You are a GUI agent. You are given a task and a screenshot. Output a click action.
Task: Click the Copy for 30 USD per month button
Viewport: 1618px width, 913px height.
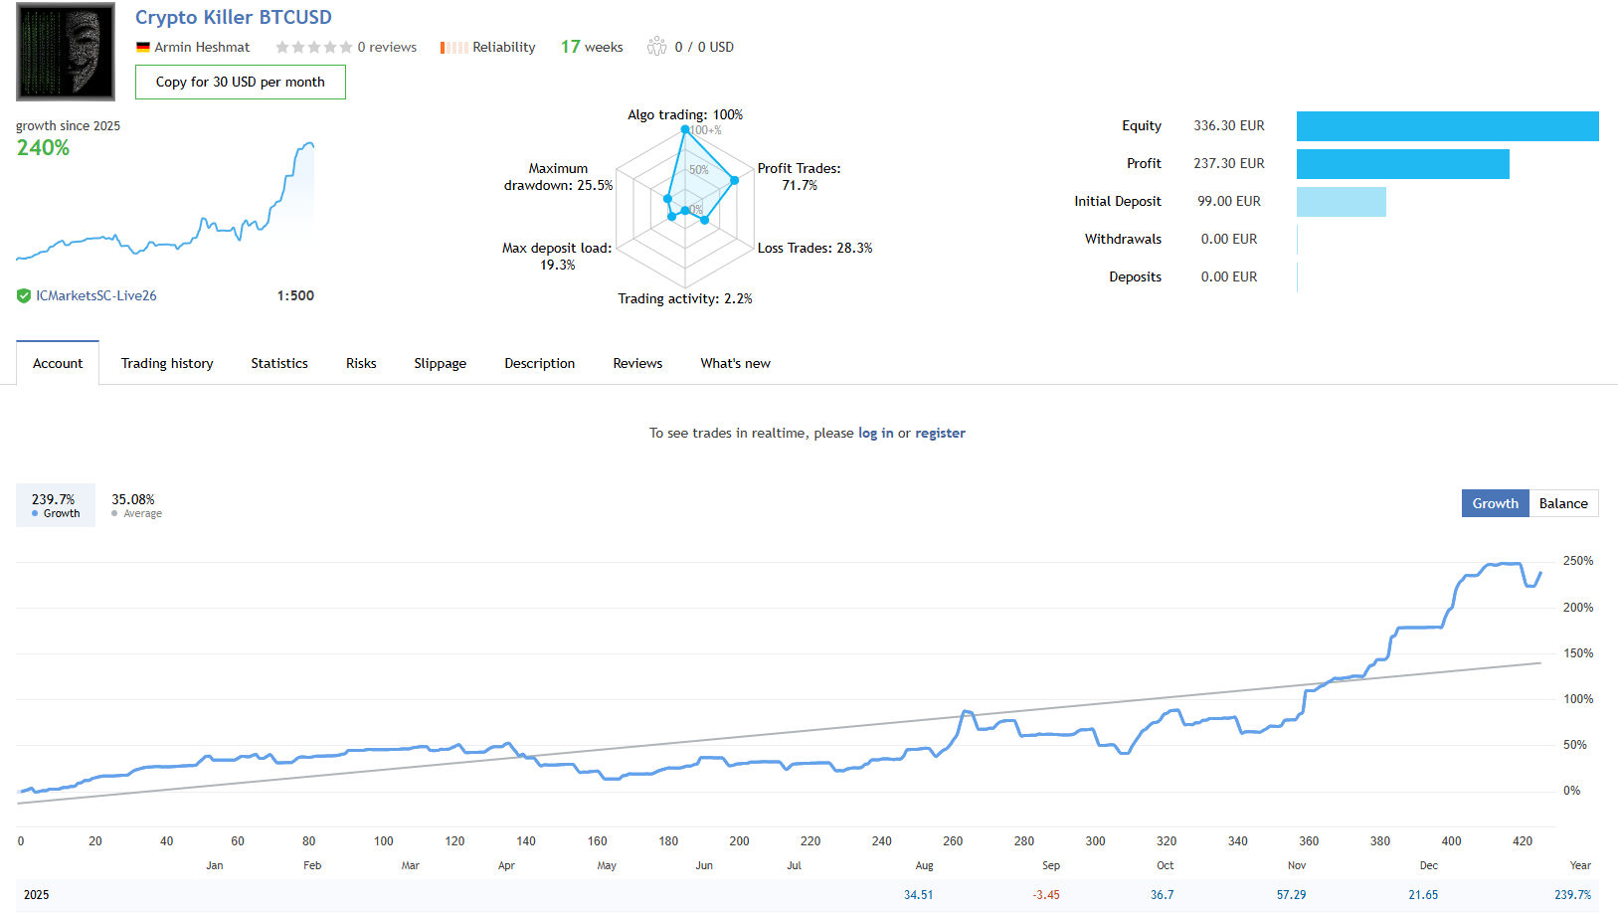[x=240, y=83]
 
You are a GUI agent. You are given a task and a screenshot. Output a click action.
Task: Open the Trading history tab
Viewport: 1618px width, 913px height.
[x=167, y=363]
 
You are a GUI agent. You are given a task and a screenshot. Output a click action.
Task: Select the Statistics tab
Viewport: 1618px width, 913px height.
[x=279, y=363]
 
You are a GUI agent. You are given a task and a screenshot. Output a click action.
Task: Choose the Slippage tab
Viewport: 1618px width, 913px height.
[x=440, y=363]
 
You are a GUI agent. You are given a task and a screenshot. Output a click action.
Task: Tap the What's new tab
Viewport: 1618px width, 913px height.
[x=735, y=363]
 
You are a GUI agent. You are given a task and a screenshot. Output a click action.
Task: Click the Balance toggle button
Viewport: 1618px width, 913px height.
[x=1562, y=503]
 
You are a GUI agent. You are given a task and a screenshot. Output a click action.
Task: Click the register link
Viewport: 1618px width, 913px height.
[x=940, y=433]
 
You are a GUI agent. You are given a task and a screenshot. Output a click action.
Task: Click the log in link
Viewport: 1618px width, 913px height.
[x=875, y=433]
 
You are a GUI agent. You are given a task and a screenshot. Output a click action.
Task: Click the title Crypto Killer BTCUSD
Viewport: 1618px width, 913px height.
[x=234, y=17]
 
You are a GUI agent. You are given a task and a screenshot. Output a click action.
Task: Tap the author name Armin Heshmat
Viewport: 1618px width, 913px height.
[x=202, y=47]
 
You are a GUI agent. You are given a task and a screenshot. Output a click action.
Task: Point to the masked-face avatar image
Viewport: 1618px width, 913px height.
[x=66, y=52]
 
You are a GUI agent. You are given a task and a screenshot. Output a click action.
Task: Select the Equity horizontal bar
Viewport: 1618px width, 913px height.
[x=1447, y=126]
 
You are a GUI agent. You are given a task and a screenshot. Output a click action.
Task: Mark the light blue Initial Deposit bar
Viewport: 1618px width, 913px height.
[x=1341, y=202]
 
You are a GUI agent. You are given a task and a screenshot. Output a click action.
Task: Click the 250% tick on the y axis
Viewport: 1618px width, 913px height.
[x=1577, y=561]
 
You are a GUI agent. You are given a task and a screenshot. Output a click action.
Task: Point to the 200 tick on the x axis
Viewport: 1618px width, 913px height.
[x=739, y=841]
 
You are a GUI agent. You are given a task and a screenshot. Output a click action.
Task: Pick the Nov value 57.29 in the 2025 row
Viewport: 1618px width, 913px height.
[x=1291, y=895]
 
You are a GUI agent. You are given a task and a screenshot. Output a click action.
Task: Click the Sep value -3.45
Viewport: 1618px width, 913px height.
[x=1045, y=895]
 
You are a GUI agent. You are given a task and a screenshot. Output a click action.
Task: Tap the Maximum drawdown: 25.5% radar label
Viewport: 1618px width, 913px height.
[x=558, y=177]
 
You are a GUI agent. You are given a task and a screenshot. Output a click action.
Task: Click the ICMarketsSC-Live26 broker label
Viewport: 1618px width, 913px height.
[x=96, y=295]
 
